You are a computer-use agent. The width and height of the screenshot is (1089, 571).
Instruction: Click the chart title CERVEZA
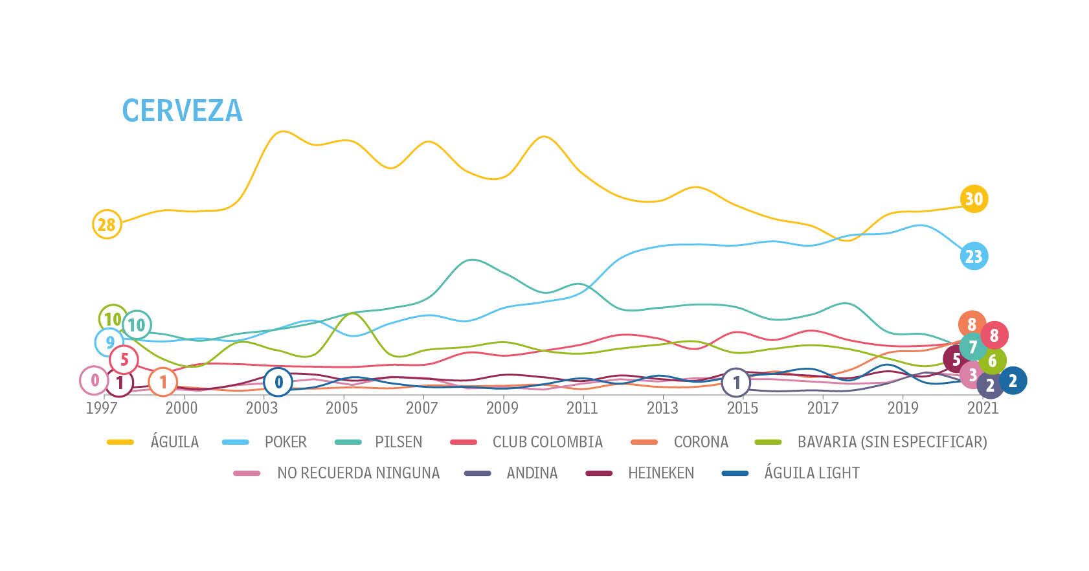click(x=182, y=111)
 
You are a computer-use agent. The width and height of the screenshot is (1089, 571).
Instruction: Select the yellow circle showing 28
click(x=107, y=225)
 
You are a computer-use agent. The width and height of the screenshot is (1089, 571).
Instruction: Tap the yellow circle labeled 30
click(x=974, y=199)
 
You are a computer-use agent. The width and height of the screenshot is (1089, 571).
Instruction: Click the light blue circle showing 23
click(x=974, y=256)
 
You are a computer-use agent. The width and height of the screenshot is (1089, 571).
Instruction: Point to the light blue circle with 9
click(x=109, y=342)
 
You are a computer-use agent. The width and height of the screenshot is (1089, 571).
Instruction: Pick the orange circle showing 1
click(x=163, y=383)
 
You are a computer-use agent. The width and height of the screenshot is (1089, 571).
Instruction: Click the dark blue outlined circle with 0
click(x=278, y=382)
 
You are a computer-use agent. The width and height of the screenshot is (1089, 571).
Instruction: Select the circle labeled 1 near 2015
click(x=736, y=383)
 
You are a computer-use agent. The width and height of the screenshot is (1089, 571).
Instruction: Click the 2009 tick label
click(x=502, y=408)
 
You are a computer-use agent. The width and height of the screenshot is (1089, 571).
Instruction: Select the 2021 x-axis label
click(x=983, y=408)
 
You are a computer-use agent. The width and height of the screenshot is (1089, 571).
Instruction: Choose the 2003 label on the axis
click(x=262, y=408)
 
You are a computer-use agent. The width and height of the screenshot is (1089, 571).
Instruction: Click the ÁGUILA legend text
click(x=174, y=442)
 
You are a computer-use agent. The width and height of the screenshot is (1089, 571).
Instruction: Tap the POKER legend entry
click(x=286, y=442)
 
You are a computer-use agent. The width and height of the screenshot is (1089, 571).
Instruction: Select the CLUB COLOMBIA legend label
click(x=547, y=442)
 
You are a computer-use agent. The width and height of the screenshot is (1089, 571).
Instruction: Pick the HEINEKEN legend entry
click(x=660, y=473)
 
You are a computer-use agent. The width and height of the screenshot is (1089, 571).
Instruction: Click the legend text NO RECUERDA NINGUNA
click(x=358, y=473)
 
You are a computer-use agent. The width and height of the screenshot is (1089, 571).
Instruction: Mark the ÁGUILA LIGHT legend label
click(x=812, y=473)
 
